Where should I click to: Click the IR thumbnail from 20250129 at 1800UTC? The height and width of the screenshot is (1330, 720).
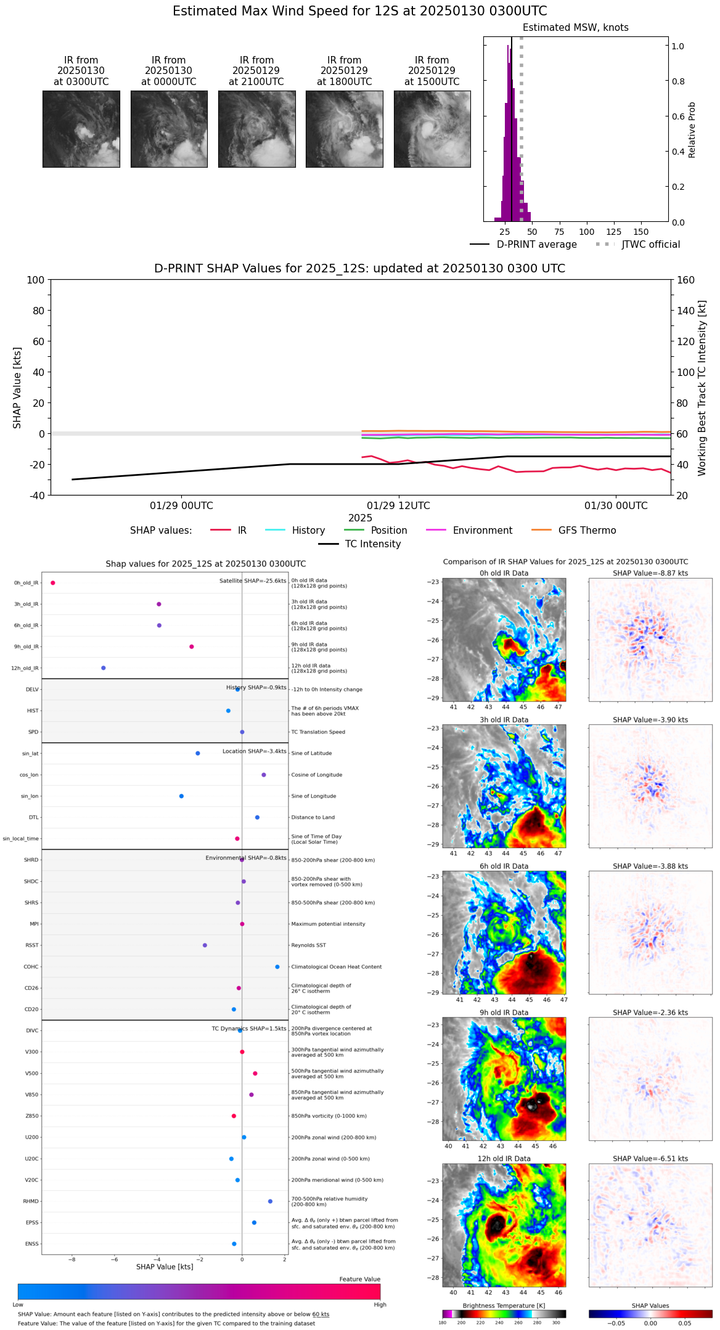(x=344, y=129)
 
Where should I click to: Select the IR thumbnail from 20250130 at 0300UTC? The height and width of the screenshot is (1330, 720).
(x=81, y=129)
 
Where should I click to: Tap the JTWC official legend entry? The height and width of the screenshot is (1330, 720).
(x=638, y=245)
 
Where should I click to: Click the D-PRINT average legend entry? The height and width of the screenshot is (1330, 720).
(x=523, y=245)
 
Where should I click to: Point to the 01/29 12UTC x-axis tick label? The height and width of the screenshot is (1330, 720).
(x=398, y=506)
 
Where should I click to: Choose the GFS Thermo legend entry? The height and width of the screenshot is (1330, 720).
(x=573, y=531)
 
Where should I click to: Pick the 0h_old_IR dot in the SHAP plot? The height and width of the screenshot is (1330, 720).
(x=53, y=583)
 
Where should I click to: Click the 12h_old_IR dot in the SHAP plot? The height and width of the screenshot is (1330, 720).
(x=104, y=668)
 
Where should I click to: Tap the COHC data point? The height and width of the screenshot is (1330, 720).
(x=277, y=966)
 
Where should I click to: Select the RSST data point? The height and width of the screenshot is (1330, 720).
(x=205, y=945)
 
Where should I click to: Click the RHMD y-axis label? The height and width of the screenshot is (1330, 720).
(x=31, y=1201)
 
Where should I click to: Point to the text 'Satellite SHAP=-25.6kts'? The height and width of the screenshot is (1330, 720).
(x=253, y=581)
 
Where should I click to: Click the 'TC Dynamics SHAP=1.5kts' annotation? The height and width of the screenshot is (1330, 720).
(x=249, y=1029)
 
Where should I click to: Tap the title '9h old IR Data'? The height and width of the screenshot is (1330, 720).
(x=504, y=1013)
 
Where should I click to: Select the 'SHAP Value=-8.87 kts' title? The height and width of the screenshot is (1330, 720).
(x=650, y=573)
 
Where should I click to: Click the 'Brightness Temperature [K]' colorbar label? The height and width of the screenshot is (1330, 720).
(x=504, y=1305)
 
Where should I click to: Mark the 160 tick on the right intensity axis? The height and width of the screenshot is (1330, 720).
(x=685, y=280)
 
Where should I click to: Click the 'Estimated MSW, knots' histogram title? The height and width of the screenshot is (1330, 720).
(x=575, y=28)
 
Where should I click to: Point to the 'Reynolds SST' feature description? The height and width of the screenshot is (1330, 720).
(x=308, y=945)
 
